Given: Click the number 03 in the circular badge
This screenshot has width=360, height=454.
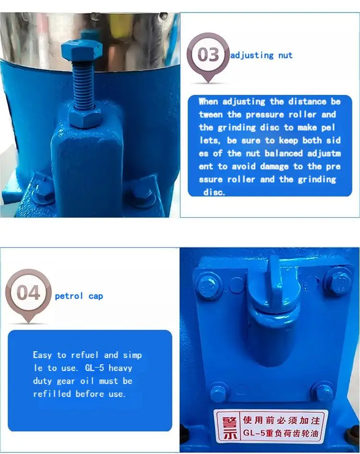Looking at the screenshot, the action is tap(208, 54).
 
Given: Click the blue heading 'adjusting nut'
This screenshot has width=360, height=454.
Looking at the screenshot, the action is tap(261, 55).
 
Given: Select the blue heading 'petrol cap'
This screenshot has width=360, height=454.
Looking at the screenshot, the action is tap(79, 296).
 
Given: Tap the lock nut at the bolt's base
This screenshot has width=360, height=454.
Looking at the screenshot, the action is tap(85, 116).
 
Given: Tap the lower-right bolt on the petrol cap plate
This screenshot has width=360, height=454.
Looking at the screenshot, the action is tap(323, 391).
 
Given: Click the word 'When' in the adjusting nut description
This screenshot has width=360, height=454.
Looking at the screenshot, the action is tap(208, 102).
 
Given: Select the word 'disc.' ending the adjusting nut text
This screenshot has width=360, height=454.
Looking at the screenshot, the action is tap(214, 192).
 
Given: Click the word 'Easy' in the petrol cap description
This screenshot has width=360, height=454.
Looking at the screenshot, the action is tap(43, 355).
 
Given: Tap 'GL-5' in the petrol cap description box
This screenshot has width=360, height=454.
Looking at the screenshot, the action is tap(95, 368).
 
